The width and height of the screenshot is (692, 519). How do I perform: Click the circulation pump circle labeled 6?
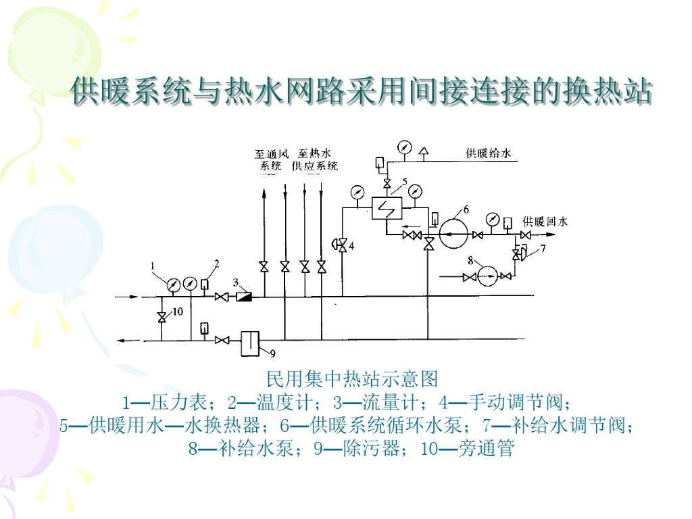tap(453, 234)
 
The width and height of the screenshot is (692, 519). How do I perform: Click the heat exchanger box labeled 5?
tap(386, 207)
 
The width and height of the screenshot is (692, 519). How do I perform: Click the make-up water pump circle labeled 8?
tap(487, 276)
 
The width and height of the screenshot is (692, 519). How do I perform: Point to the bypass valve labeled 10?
tap(162, 317)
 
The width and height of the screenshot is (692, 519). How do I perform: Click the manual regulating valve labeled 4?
tap(343, 245)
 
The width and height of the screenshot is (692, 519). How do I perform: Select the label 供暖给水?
tap(488, 153)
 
